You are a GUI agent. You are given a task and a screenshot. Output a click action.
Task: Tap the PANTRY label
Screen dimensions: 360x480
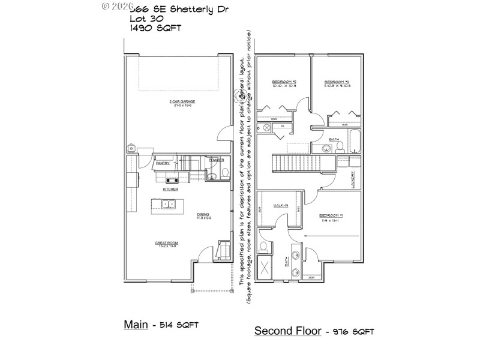(x=163, y=163)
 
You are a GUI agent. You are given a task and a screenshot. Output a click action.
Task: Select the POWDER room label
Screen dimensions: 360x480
(x=217, y=160)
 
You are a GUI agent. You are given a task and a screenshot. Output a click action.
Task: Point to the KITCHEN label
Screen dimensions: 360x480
(x=170, y=190)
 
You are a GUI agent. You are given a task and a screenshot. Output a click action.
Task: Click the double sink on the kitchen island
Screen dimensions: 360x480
(x=168, y=204)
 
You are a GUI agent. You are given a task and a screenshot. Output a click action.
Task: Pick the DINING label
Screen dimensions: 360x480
(x=204, y=215)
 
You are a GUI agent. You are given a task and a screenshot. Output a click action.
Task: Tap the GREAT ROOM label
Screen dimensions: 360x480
(x=167, y=244)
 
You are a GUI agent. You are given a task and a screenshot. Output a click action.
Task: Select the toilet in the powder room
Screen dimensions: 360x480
(x=224, y=173)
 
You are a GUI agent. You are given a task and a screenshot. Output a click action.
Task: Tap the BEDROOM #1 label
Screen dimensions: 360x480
(x=331, y=217)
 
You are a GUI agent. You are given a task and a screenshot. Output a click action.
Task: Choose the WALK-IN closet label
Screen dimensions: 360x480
(x=281, y=206)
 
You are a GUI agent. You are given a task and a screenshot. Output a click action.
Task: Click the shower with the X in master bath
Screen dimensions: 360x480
(x=264, y=268)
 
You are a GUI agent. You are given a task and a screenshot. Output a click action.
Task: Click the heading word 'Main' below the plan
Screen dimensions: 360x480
(x=136, y=324)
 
